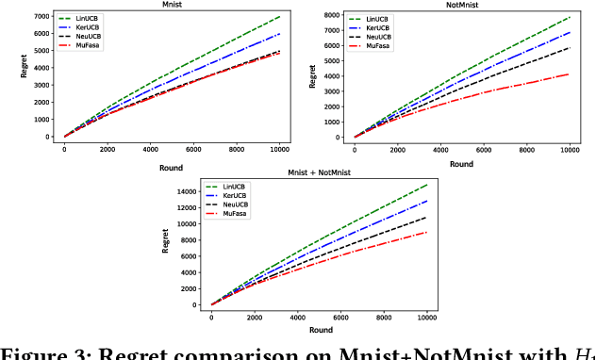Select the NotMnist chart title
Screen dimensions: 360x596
[462, 5]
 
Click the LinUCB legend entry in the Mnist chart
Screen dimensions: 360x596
[84, 18]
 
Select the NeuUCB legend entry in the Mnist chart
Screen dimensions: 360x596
[84, 36]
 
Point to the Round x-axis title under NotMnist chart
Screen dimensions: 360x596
[461, 163]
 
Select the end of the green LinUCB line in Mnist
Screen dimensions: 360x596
[280, 17]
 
